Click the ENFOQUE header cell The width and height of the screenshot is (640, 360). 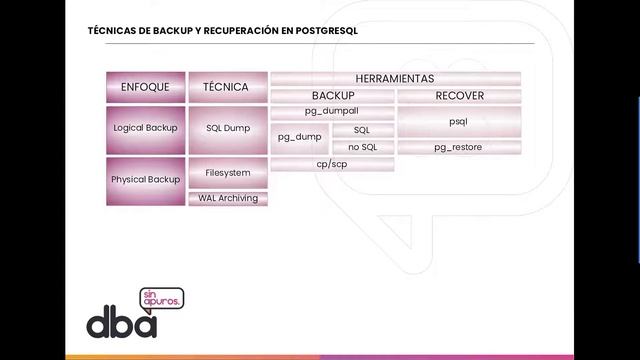coord(146,87)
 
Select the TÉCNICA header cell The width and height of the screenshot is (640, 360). coord(227,87)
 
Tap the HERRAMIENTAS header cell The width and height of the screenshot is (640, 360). coord(395,78)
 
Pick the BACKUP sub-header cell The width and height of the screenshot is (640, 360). coord(332,96)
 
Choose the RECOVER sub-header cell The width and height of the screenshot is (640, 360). coord(460,96)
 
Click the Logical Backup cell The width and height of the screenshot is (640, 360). coord(146,129)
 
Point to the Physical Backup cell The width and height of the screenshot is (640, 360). coord(146,180)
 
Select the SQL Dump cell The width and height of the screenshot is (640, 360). coord(227,129)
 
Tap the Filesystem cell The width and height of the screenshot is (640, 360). coord(227,172)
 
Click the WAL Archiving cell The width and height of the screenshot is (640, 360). coord(227,198)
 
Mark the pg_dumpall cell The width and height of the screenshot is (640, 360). coord(332,113)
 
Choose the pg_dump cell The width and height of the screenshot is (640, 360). coord(299,138)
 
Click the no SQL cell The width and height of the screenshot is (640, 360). coord(362,147)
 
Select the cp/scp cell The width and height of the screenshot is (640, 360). coord(332,164)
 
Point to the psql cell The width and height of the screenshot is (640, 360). coord(460,121)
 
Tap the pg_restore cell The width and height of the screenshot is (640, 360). coord(460,147)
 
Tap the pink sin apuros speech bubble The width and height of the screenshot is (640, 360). coord(169,300)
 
